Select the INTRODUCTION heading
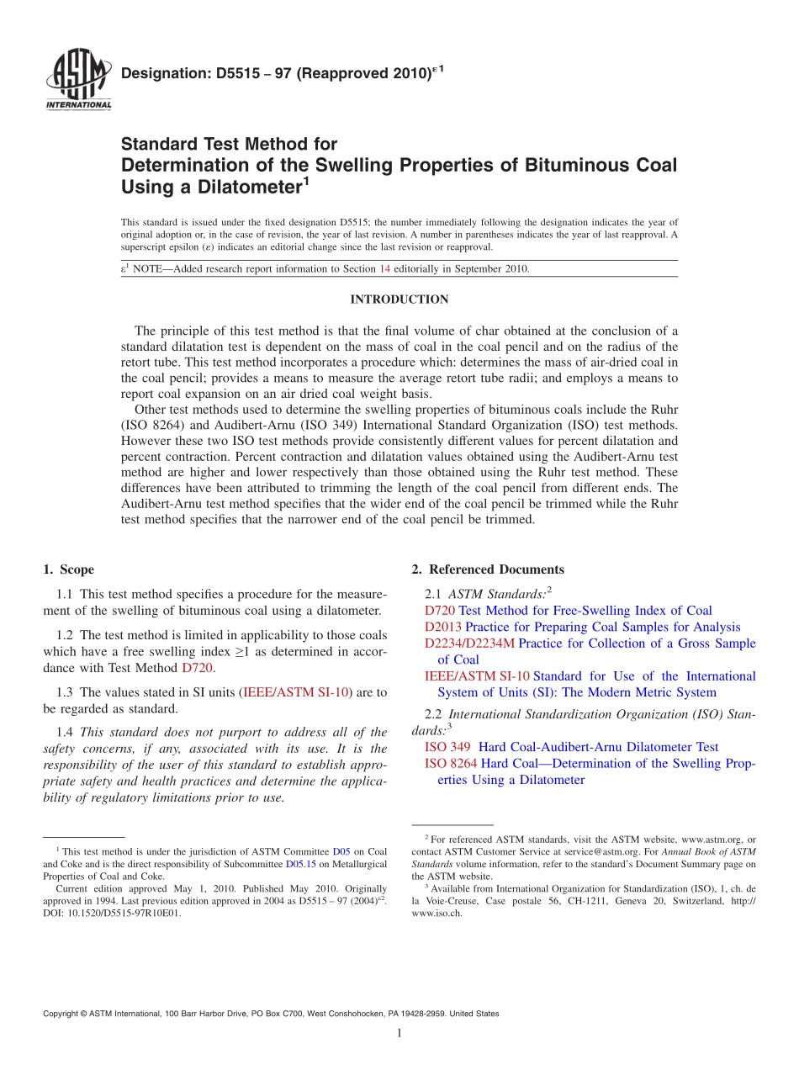(x=399, y=299)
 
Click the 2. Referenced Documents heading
(x=488, y=569)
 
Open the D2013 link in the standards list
(x=443, y=627)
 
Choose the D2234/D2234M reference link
(x=469, y=644)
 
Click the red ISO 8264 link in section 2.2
(x=451, y=764)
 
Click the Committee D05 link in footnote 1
(x=341, y=852)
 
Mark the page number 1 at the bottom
(x=399, y=1033)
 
